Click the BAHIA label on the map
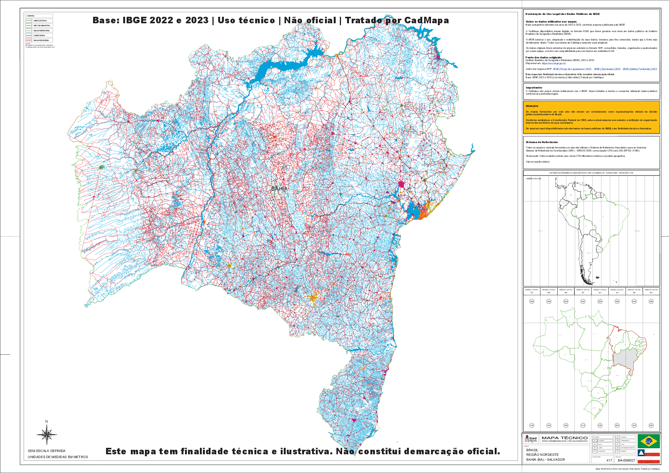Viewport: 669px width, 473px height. [x=279, y=189]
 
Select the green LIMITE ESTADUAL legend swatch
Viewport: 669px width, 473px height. [x=29, y=21]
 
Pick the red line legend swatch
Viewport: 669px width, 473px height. [x=29, y=40]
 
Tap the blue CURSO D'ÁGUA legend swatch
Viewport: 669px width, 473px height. [x=29, y=35]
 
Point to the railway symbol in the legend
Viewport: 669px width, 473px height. [x=29, y=31]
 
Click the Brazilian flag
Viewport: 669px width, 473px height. [x=648, y=441]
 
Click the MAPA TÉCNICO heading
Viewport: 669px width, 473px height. [x=564, y=438]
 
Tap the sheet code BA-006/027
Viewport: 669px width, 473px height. [x=627, y=460]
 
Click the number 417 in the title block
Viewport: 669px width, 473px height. [x=609, y=460]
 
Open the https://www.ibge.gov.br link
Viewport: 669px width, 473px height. [x=548, y=63]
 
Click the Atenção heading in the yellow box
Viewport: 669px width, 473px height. [x=532, y=106]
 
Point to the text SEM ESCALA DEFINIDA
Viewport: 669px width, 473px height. [x=47, y=451]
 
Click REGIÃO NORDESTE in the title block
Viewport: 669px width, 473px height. [x=542, y=455]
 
